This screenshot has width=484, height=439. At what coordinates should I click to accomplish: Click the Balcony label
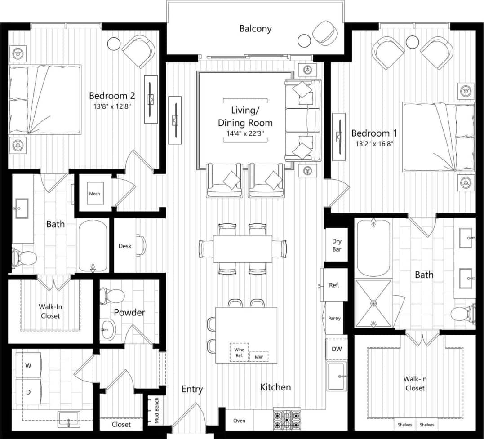(x=255, y=29)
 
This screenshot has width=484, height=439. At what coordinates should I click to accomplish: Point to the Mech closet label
(x=94, y=194)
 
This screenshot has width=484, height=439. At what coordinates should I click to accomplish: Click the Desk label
(x=125, y=246)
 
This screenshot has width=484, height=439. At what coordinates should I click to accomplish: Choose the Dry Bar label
(x=337, y=245)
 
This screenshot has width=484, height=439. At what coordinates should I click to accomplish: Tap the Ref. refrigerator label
(x=334, y=285)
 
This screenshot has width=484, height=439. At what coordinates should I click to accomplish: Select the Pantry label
(x=334, y=318)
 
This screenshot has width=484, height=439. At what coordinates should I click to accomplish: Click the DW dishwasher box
(x=337, y=349)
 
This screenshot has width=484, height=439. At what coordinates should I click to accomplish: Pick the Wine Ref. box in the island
(x=239, y=352)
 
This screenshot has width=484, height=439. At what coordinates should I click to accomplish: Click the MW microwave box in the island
(x=259, y=357)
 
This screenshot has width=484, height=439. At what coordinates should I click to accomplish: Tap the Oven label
(x=239, y=421)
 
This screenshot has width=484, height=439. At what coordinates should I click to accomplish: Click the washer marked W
(x=28, y=365)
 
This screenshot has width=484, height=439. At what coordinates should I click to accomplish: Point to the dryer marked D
(x=28, y=392)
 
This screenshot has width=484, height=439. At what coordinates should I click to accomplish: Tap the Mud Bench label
(x=157, y=411)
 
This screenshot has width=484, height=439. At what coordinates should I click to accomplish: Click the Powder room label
(x=129, y=312)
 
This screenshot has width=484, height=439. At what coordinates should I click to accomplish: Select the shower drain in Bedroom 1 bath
(x=373, y=303)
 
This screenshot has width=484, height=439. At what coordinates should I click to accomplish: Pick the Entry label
(x=192, y=389)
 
